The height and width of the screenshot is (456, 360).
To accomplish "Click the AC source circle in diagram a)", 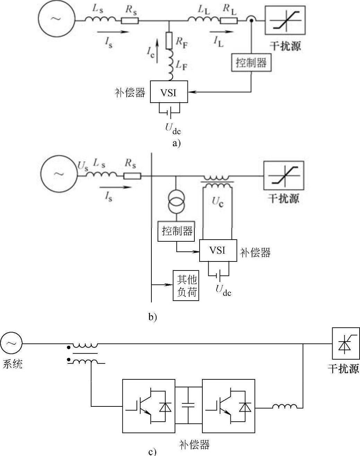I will tap(56, 19).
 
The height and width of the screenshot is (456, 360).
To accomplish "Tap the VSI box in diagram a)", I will tap(169, 92).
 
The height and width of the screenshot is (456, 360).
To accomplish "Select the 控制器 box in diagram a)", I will tap(251, 63).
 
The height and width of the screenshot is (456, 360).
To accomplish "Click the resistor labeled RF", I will tap(169, 40).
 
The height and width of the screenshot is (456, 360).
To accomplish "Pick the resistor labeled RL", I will tap(229, 20).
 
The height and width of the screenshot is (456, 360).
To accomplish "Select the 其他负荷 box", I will tap(186, 285).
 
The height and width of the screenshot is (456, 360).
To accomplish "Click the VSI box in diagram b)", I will tap(218, 250).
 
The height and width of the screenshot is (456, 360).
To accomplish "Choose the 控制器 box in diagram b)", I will tap(176, 231).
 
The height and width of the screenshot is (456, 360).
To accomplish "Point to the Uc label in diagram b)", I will tap(218, 202).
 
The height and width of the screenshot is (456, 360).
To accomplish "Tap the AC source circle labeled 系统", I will tap(11, 344).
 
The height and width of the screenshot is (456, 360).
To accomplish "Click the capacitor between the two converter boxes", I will tap(188, 405).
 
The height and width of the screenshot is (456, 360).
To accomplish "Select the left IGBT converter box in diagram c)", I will tap(149, 406).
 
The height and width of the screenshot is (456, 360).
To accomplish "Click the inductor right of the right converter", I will tap(284, 407).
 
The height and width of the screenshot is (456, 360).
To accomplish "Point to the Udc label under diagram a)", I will tap(173, 129).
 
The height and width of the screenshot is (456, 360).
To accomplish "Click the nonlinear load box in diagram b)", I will tap(283, 175).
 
